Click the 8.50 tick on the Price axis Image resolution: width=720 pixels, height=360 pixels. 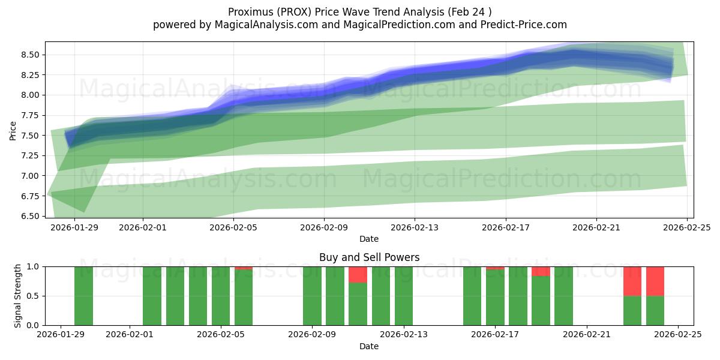pyautogui.click(x=30, y=55)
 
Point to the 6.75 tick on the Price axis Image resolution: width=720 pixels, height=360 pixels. pyautogui.click(x=30, y=196)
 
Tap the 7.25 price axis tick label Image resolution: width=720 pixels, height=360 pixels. pyautogui.click(x=30, y=155)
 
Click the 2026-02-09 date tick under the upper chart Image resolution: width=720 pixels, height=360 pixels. pyautogui.click(x=324, y=227)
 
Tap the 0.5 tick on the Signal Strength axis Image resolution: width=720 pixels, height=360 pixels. pyautogui.click(x=33, y=296)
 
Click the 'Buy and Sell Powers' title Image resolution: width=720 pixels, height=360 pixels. pyautogui.click(x=369, y=257)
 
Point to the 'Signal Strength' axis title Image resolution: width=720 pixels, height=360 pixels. pyautogui.click(x=18, y=296)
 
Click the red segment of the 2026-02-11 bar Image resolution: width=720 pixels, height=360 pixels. pyautogui.click(x=358, y=274)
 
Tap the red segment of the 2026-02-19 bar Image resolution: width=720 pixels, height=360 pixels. pyautogui.click(x=541, y=271)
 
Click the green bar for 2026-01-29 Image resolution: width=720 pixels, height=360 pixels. pyautogui.click(x=83, y=296)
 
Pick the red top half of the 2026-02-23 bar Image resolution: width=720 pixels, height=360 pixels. pyautogui.click(x=632, y=281)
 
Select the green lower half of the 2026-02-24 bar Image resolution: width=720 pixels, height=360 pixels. pyautogui.click(x=655, y=310)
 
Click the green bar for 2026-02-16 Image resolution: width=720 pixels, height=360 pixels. pyautogui.click(x=472, y=296)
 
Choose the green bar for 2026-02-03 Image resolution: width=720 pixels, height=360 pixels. pyautogui.click(x=175, y=296)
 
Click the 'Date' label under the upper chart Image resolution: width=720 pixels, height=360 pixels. pyautogui.click(x=369, y=239)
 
